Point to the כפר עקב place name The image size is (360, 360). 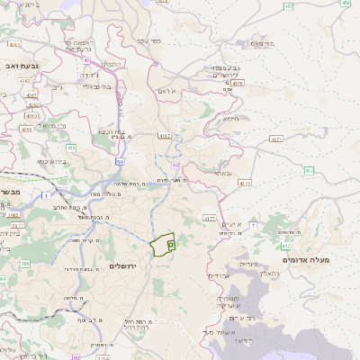[148, 41]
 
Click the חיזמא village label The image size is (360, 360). [231, 118]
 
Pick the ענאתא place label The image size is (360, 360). [224, 172]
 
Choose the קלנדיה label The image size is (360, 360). [112, 64]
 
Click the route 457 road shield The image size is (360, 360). [287, 7]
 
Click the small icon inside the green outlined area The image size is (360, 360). [171, 242]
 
